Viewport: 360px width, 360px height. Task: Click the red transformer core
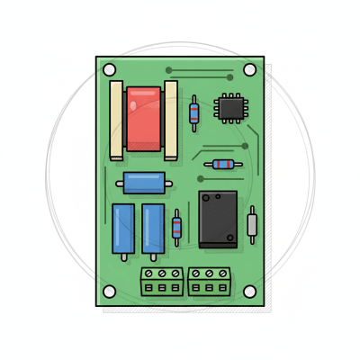coord(144,119)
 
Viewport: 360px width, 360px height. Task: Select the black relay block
coord(218,219)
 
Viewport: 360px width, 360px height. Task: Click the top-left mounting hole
coord(110,69)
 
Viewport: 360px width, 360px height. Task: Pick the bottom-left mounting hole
coord(110,292)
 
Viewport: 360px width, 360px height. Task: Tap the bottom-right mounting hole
coord(250,292)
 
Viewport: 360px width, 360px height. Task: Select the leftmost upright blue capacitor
coord(123,229)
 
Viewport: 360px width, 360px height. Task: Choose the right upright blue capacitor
coord(153,229)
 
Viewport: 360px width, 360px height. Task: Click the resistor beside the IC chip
coord(194,112)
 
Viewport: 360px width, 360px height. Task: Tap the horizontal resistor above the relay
coord(222,165)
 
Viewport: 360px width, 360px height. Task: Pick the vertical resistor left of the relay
coord(176,227)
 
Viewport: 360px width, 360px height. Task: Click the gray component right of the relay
coord(253,225)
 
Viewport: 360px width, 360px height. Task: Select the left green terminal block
coord(162,281)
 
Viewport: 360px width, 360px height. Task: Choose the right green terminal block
coord(210,281)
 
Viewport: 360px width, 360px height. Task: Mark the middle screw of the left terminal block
coord(162,273)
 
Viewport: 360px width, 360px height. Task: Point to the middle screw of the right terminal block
coord(210,273)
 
